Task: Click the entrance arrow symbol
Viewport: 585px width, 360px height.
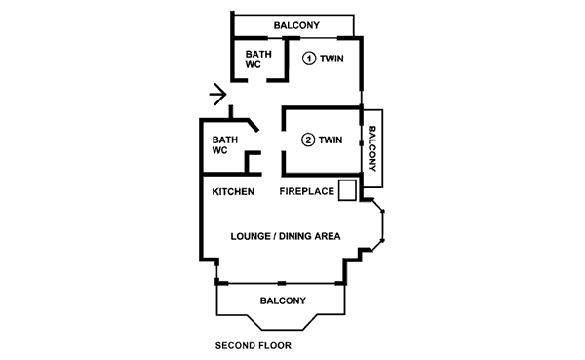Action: pyautogui.click(x=218, y=94)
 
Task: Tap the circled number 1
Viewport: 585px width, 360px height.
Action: pyautogui.click(x=309, y=59)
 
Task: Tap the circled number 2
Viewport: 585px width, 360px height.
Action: pyautogui.click(x=308, y=140)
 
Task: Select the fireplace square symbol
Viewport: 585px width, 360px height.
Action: pyautogui.click(x=347, y=190)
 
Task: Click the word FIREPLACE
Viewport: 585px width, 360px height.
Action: pyautogui.click(x=307, y=191)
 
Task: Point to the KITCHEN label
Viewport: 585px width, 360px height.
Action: pyautogui.click(x=233, y=192)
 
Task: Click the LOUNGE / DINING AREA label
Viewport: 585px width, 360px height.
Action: pyautogui.click(x=286, y=236)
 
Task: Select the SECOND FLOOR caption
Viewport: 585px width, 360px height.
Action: pyautogui.click(x=253, y=346)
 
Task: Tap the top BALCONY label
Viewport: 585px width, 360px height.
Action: pyautogui.click(x=296, y=25)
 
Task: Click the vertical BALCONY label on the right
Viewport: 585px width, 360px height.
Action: pyautogui.click(x=372, y=148)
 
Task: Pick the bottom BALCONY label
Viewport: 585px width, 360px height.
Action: pyautogui.click(x=283, y=301)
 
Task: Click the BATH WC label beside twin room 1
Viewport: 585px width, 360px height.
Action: pyautogui.click(x=258, y=60)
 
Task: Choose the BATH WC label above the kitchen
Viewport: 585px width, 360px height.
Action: pyautogui.click(x=225, y=145)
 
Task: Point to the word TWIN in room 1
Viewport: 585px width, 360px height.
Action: pyautogui.click(x=331, y=59)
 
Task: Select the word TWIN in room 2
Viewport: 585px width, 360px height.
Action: pyautogui.click(x=331, y=140)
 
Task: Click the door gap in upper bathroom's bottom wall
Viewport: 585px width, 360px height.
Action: pyautogui.click(x=257, y=80)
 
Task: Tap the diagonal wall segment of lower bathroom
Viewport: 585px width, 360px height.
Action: pyautogui.click(x=253, y=125)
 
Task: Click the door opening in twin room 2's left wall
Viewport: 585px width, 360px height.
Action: pyautogui.click(x=284, y=140)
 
